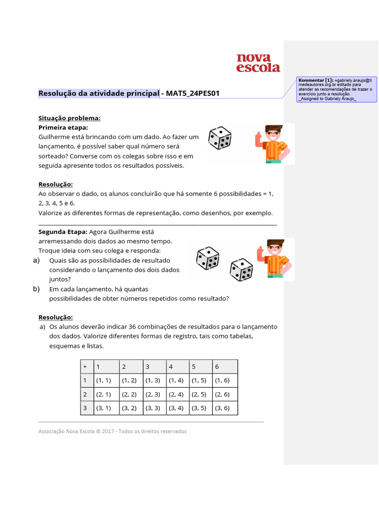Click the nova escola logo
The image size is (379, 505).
point(258,63)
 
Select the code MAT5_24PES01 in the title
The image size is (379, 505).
point(192,93)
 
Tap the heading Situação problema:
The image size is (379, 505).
point(70,118)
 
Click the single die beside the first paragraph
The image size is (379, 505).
point(220,138)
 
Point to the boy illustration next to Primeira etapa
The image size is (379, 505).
point(271,144)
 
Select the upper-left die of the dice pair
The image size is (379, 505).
point(207,258)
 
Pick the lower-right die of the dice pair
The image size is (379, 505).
point(241,270)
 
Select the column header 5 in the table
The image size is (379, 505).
point(194,366)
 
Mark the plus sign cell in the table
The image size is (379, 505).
point(85,366)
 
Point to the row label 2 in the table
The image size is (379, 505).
point(85,394)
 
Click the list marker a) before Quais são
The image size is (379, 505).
point(36,260)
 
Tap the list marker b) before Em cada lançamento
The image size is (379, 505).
point(36,289)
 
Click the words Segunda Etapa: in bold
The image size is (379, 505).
point(63,231)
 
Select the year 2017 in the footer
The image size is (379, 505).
point(109,431)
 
